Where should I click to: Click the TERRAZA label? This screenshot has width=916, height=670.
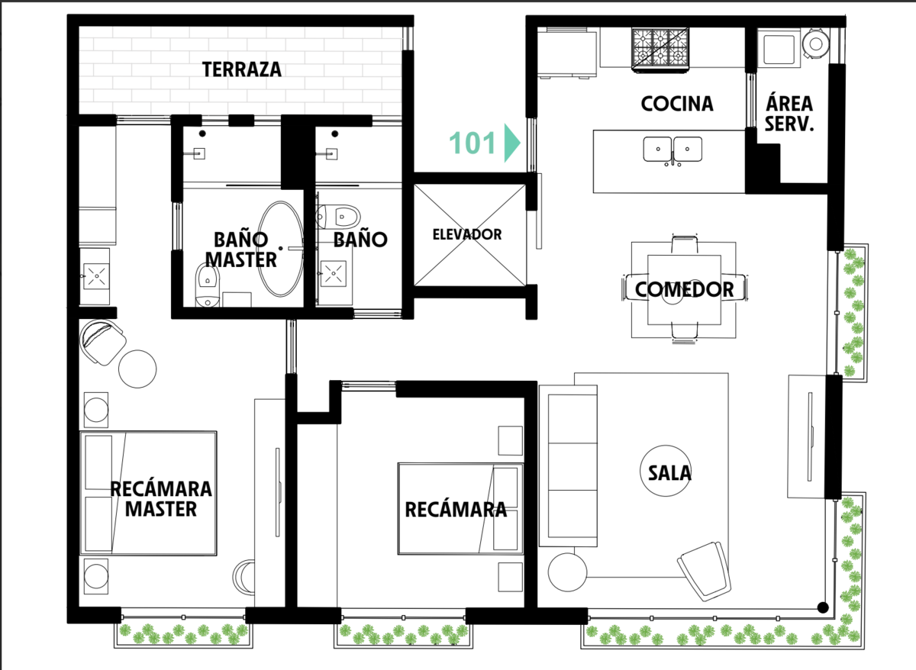pyautogui.click(x=242, y=69)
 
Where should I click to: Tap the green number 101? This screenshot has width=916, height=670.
pyautogui.click(x=473, y=143)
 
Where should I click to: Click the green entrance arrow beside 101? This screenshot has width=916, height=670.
pyautogui.click(x=511, y=143)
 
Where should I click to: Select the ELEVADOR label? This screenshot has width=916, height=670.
pyautogui.click(x=467, y=234)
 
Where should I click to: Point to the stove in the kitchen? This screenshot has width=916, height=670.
pyautogui.click(x=660, y=50)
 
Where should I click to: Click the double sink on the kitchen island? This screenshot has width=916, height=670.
pyautogui.click(x=672, y=150)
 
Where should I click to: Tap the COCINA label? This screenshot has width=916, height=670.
pyautogui.click(x=677, y=104)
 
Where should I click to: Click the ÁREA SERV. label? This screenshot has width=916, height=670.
pyautogui.click(x=789, y=113)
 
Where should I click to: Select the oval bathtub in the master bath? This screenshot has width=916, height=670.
pyautogui.click(x=281, y=249)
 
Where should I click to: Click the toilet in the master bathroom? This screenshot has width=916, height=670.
pyautogui.click(x=208, y=285)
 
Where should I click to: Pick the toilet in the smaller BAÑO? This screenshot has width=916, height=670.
pyautogui.click(x=338, y=216)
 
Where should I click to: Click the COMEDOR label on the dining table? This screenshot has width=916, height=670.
pyautogui.click(x=684, y=289)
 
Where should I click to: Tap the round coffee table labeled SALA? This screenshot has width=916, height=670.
pyautogui.click(x=666, y=471)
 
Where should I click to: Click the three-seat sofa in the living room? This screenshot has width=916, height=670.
pyautogui.click(x=569, y=466)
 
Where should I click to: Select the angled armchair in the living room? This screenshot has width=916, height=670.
pyautogui.click(x=704, y=571)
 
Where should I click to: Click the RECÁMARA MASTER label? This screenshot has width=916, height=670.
pyautogui.click(x=161, y=499)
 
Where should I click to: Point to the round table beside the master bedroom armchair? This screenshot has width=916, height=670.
pyautogui.click(x=137, y=369)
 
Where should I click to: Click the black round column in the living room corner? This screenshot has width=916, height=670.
pyautogui.click(x=823, y=607)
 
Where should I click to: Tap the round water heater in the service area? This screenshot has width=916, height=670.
pyautogui.click(x=816, y=43)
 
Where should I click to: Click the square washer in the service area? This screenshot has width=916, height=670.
pyautogui.click(x=779, y=50)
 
